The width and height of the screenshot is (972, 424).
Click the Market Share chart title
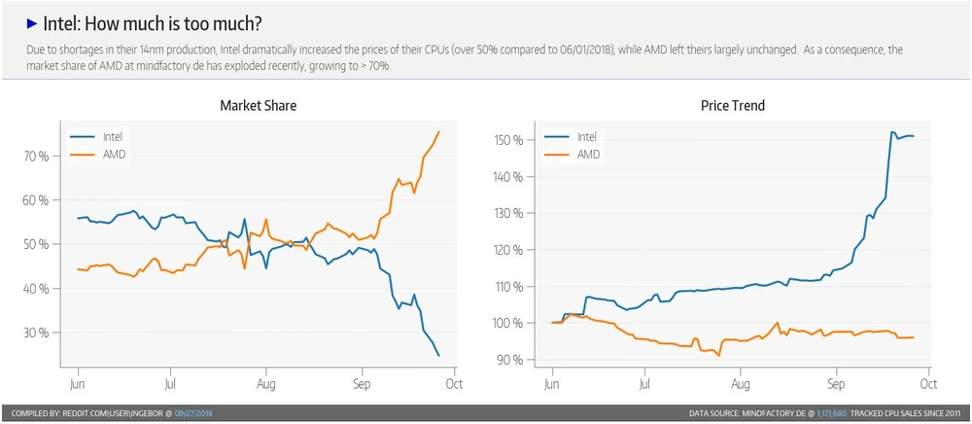tap(258, 105)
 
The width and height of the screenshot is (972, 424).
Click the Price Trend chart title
tap(732, 105)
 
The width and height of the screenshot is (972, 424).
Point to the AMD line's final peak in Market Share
tap(439, 132)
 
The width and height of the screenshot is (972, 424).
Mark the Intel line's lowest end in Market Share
tap(439, 356)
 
